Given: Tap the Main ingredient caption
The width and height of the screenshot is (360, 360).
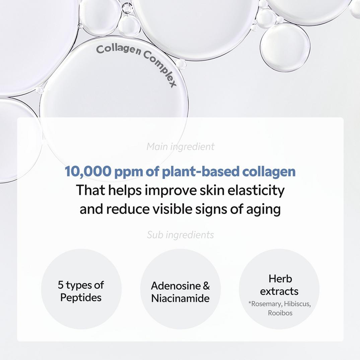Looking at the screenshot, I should (181, 146).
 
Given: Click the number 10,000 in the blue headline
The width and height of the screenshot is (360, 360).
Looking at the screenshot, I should (88, 171).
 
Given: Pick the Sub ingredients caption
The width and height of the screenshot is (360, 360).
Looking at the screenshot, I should (181, 235).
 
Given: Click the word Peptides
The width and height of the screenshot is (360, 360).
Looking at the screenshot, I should (81, 297).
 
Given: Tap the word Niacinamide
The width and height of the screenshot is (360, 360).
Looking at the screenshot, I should (180, 298).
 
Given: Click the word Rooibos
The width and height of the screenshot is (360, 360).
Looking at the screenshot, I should (280, 313).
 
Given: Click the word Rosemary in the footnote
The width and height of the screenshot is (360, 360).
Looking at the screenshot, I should (266, 304).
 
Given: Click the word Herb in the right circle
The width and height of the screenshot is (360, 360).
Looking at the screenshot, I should (280, 279).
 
